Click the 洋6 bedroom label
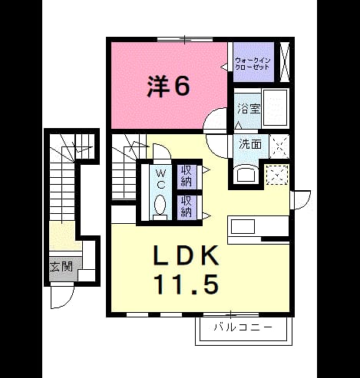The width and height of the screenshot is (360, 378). pos(168,87)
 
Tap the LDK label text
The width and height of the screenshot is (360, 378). pos(186,255)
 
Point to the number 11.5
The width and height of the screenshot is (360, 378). pos(187,284)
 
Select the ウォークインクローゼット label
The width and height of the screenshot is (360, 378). pos(253,64)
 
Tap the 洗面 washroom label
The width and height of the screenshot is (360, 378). pos(250,144)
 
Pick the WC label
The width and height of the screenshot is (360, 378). pos(160,179)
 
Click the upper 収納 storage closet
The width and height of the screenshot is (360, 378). pos(187,176)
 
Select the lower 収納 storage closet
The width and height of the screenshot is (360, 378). pos(187,207)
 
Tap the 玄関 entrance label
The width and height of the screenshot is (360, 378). pos(61,267)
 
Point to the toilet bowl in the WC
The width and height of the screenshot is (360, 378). pos(160,205)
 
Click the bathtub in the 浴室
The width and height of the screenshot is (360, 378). pos(276,107)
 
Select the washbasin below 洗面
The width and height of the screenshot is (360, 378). pos(246,174)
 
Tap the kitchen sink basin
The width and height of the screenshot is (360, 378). pos(243,226)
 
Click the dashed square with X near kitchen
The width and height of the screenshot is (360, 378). pos(277,175)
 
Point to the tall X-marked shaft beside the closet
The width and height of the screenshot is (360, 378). pos(284,62)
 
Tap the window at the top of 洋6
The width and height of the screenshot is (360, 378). pos(185,39)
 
